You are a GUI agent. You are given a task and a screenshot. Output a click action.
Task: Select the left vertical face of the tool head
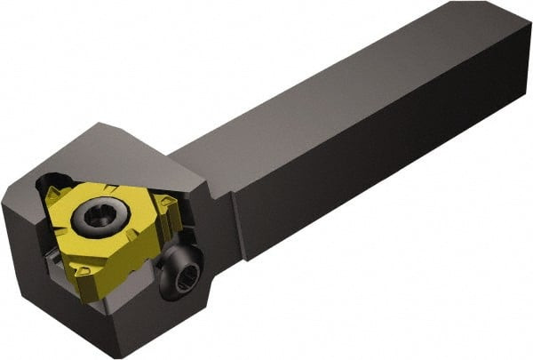pos(18,258)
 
